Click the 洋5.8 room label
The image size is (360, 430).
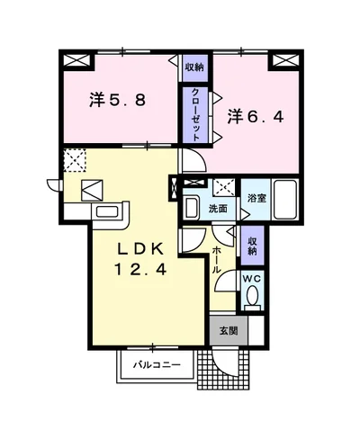click(x=117, y=99)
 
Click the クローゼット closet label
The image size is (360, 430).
click(x=194, y=112)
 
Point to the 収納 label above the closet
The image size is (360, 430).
click(x=194, y=67)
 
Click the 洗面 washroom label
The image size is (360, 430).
click(x=218, y=208)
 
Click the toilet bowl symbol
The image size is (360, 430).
click(x=253, y=296)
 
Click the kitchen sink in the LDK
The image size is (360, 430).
click(x=108, y=212)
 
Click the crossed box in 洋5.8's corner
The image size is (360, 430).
click(x=77, y=62)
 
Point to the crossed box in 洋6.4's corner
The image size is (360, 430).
click(x=284, y=61)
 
